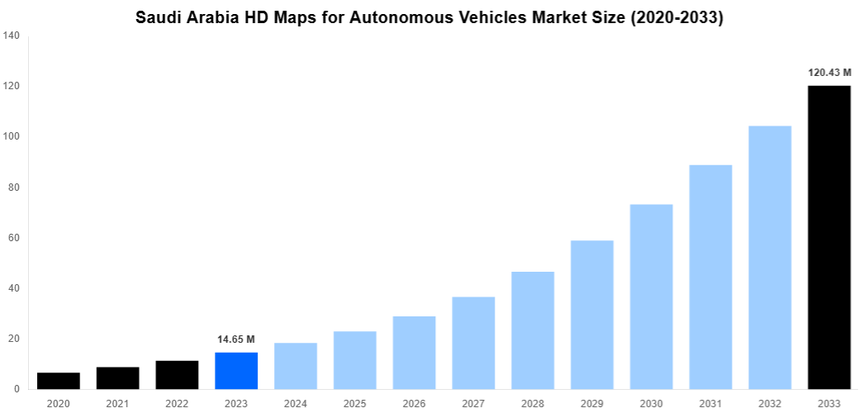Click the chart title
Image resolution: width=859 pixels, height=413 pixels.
[429, 18]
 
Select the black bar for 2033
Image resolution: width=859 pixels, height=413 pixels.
[828, 237]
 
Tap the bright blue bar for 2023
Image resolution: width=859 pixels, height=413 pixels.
[236, 371]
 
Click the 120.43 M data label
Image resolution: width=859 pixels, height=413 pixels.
[828, 73]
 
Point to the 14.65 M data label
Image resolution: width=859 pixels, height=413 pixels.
[236, 339]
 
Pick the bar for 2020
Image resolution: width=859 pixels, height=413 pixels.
[59, 381]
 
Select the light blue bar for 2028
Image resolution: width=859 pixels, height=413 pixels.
[533, 330]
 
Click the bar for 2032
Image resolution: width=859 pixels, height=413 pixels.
[770, 257]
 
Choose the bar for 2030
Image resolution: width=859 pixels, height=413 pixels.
[651, 297]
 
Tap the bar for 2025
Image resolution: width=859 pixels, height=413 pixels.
[355, 360]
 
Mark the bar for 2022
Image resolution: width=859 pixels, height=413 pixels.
[177, 375]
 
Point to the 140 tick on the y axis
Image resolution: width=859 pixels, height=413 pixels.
[12, 36]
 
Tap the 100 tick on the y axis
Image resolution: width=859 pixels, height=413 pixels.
[12, 137]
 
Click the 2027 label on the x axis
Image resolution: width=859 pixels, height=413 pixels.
[473, 403]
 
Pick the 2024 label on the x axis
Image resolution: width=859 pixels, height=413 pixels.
[296, 403]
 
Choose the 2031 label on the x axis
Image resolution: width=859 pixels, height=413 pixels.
[710, 403]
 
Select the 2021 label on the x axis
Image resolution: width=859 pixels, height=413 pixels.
[117, 403]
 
